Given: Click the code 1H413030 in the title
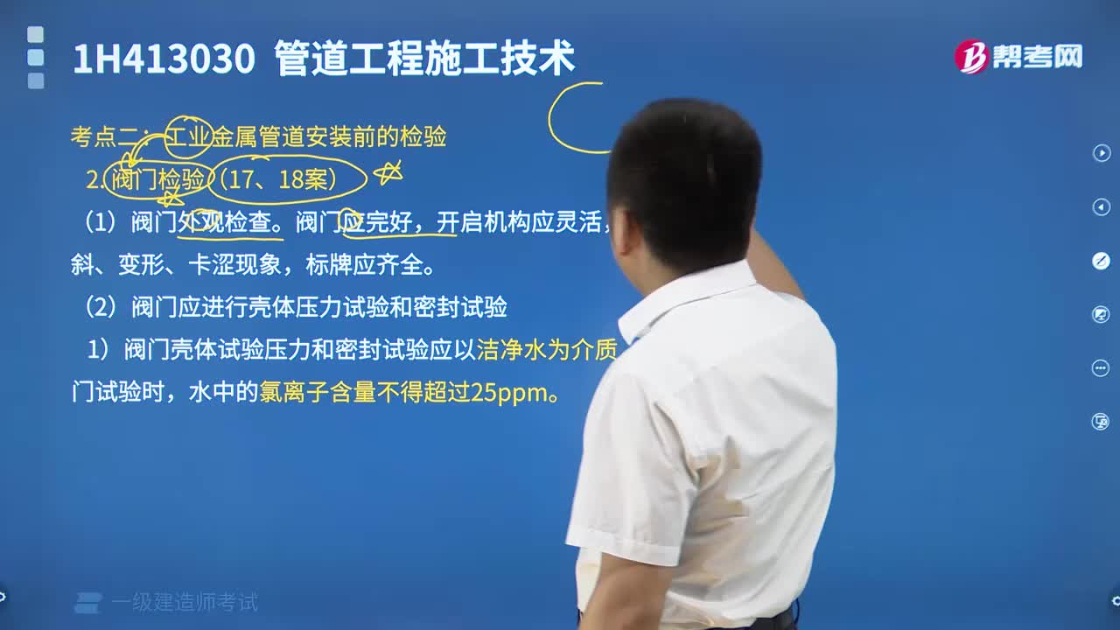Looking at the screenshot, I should pos(163,59).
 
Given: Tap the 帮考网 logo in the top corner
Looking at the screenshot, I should pos(1018,57).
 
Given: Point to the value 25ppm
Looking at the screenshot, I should pos(509,394).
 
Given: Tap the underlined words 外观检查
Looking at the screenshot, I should pos(230,224).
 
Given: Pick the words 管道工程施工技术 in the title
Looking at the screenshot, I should pos(424,59).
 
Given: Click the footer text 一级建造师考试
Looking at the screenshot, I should pos(185,602).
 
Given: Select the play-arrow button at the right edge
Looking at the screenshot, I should pos(1101,153).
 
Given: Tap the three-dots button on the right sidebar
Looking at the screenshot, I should pos(1101,367).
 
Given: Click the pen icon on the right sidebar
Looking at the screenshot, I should pos(1101,261).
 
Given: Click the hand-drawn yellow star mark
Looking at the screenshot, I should pos(388,173).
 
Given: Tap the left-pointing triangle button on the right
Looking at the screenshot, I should pos(1101,206).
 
